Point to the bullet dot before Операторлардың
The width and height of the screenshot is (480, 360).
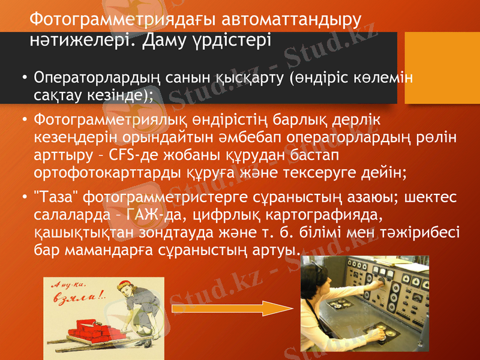23,79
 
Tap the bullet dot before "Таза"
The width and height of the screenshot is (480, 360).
23,197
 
